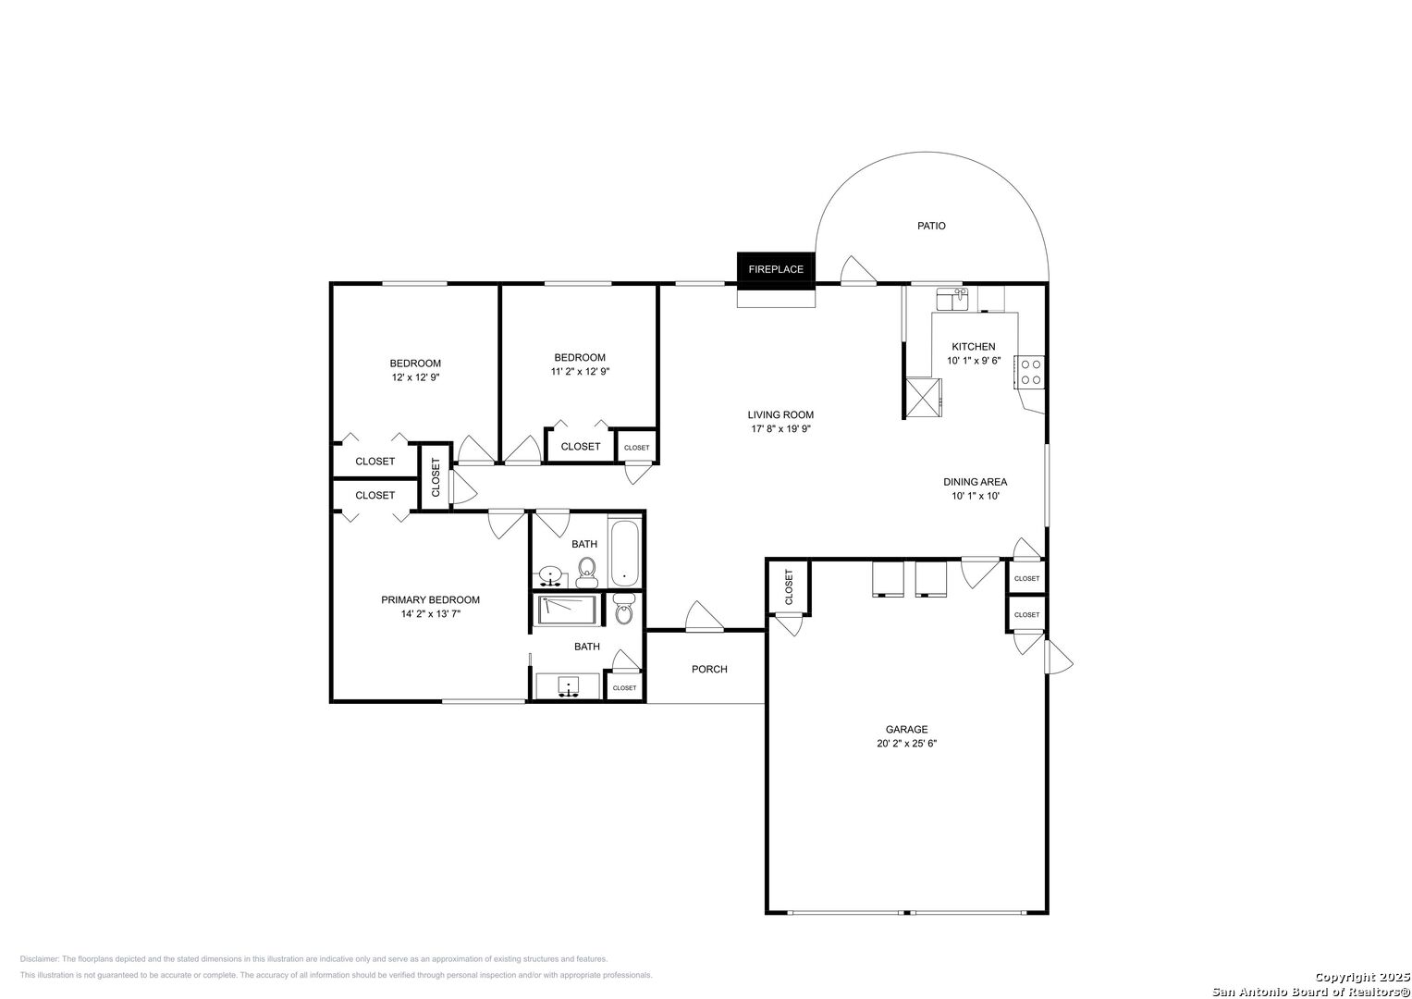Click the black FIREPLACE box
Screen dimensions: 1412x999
[x=776, y=270]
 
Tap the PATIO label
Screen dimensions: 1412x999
[x=931, y=226]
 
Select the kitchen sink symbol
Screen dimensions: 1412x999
[x=952, y=300]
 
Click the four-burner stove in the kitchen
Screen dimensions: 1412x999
[x=1030, y=372]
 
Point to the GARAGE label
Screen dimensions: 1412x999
[x=906, y=729]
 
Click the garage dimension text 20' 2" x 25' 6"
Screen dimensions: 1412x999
[x=906, y=744]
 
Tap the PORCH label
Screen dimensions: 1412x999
[x=709, y=669]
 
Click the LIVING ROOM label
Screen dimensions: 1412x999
[x=780, y=415]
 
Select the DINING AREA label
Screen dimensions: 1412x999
[x=976, y=482]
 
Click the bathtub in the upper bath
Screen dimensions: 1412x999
[x=624, y=553]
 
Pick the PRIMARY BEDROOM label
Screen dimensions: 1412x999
[x=430, y=599]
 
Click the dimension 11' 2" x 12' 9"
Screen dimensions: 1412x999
[x=580, y=372]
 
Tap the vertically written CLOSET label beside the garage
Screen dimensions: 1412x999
[x=789, y=587]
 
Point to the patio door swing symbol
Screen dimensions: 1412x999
[x=858, y=270]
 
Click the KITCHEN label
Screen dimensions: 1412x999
[x=974, y=347]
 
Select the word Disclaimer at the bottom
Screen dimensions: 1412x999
[x=40, y=959]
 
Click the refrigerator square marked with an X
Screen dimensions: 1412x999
[x=924, y=398]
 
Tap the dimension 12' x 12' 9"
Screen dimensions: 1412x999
[x=415, y=377]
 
